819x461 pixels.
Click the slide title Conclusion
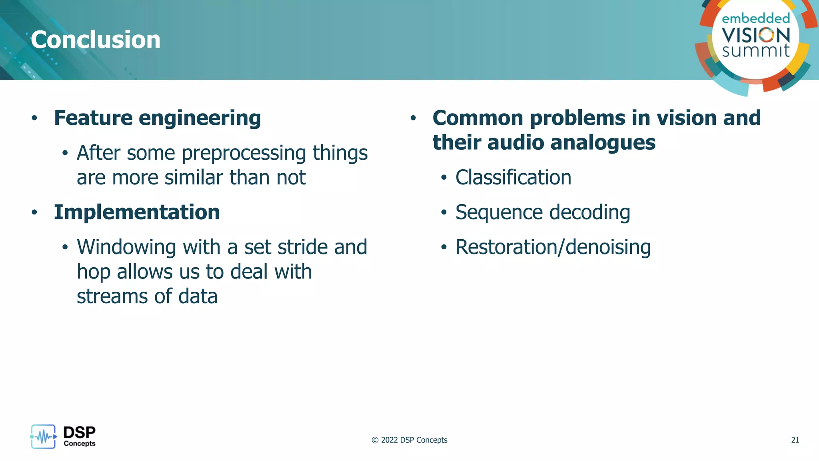point(96,40)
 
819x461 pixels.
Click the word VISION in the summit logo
point(755,35)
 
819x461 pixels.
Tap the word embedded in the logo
point(755,18)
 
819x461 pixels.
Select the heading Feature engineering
point(158,118)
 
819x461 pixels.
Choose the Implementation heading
point(137,212)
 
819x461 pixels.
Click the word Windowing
point(126,247)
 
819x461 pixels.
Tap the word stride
point(303,247)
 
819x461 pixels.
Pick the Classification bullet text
point(513,177)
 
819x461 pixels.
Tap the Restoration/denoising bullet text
point(553,247)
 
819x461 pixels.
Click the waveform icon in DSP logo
point(43,437)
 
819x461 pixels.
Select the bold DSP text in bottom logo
point(79,432)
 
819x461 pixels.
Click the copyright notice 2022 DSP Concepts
point(409,440)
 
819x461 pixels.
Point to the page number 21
point(795,440)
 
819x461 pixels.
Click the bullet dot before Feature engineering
point(34,118)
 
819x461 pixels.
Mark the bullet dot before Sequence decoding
point(443,212)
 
